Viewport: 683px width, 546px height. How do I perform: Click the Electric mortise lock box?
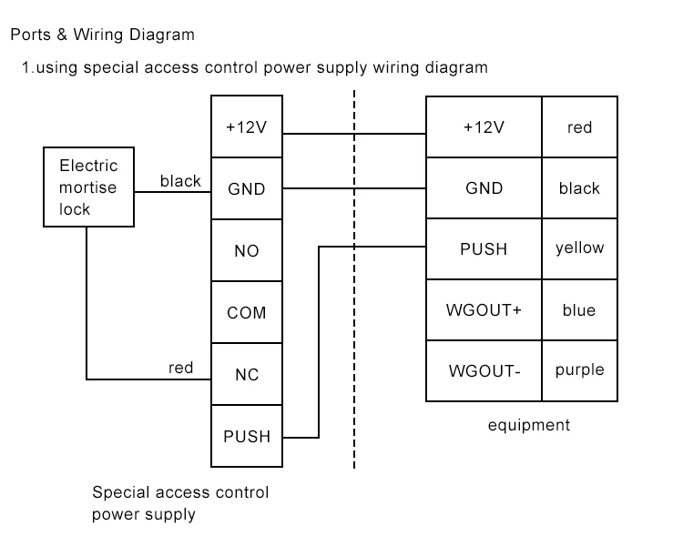click(x=88, y=187)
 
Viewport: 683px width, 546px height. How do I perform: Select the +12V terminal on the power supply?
click(x=247, y=126)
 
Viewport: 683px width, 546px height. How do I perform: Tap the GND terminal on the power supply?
click(x=247, y=189)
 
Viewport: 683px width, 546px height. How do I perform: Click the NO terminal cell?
click(x=247, y=251)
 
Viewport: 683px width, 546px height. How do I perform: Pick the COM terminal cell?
click(x=247, y=313)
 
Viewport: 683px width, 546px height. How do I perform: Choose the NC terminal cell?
click(x=247, y=374)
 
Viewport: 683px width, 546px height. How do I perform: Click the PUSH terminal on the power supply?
click(x=247, y=436)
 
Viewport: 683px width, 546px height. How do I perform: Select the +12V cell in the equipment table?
click(x=484, y=126)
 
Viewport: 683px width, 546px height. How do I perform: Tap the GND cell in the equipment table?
click(x=484, y=188)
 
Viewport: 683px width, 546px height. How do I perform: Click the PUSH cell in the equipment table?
click(x=484, y=248)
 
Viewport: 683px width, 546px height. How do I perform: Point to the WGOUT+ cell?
click(x=484, y=310)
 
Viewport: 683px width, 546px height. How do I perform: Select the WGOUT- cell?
click(x=484, y=370)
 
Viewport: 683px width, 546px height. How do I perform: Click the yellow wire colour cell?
click(x=579, y=248)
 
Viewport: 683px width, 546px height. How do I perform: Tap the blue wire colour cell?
click(x=579, y=310)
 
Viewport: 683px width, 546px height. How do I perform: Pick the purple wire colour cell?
click(x=579, y=370)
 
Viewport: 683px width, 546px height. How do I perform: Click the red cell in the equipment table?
click(x=579, y=126)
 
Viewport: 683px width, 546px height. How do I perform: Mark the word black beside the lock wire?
click(x=180, y=181)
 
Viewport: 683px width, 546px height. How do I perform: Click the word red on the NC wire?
click(x=181, y=368)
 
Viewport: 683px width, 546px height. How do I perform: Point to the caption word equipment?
click(x=528, y=425)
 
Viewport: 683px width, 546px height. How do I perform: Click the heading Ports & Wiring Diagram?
click(x=102, y=35)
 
